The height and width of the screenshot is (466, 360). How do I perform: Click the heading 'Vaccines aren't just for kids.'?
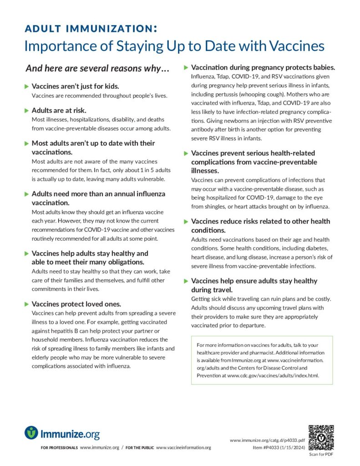(x=76, y=86)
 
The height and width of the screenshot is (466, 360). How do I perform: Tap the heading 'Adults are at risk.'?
(x=59, y=110)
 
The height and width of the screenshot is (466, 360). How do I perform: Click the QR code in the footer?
(x=320, y=437)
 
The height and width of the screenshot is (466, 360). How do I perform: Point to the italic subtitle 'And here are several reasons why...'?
(x=97, y=69)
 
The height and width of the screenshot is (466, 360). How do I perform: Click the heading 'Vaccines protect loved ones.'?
(x=76, y=304)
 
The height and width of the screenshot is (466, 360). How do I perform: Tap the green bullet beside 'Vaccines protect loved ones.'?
(x=26, y=304)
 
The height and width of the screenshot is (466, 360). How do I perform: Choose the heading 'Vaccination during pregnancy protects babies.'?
(x=263, y=67)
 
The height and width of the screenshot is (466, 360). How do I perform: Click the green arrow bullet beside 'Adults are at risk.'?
(x=26, y=110)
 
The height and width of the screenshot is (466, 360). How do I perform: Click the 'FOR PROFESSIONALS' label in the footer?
(x=59, y=448)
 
